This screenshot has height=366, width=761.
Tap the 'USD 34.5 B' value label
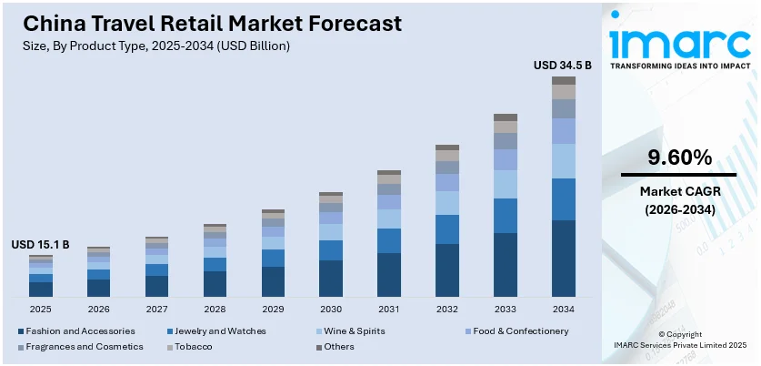tap(563, 65)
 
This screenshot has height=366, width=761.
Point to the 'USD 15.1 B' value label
tap(40, 245)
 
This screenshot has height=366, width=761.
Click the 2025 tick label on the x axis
tap(40, 310)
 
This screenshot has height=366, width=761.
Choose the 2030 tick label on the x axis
tap(331, 310)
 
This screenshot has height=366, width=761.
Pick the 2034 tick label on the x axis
tap(564, 310)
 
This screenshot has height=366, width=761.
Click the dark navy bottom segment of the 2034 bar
tap(564, 259)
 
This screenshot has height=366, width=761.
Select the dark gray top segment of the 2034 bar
tap(564, 80)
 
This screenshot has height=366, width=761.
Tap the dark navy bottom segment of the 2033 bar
tap(506, 265)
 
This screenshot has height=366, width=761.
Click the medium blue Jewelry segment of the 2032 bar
tap(447, 229)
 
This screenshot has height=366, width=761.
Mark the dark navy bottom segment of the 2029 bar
tap(273, 281)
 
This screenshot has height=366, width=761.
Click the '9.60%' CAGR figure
tap(679, 158)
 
